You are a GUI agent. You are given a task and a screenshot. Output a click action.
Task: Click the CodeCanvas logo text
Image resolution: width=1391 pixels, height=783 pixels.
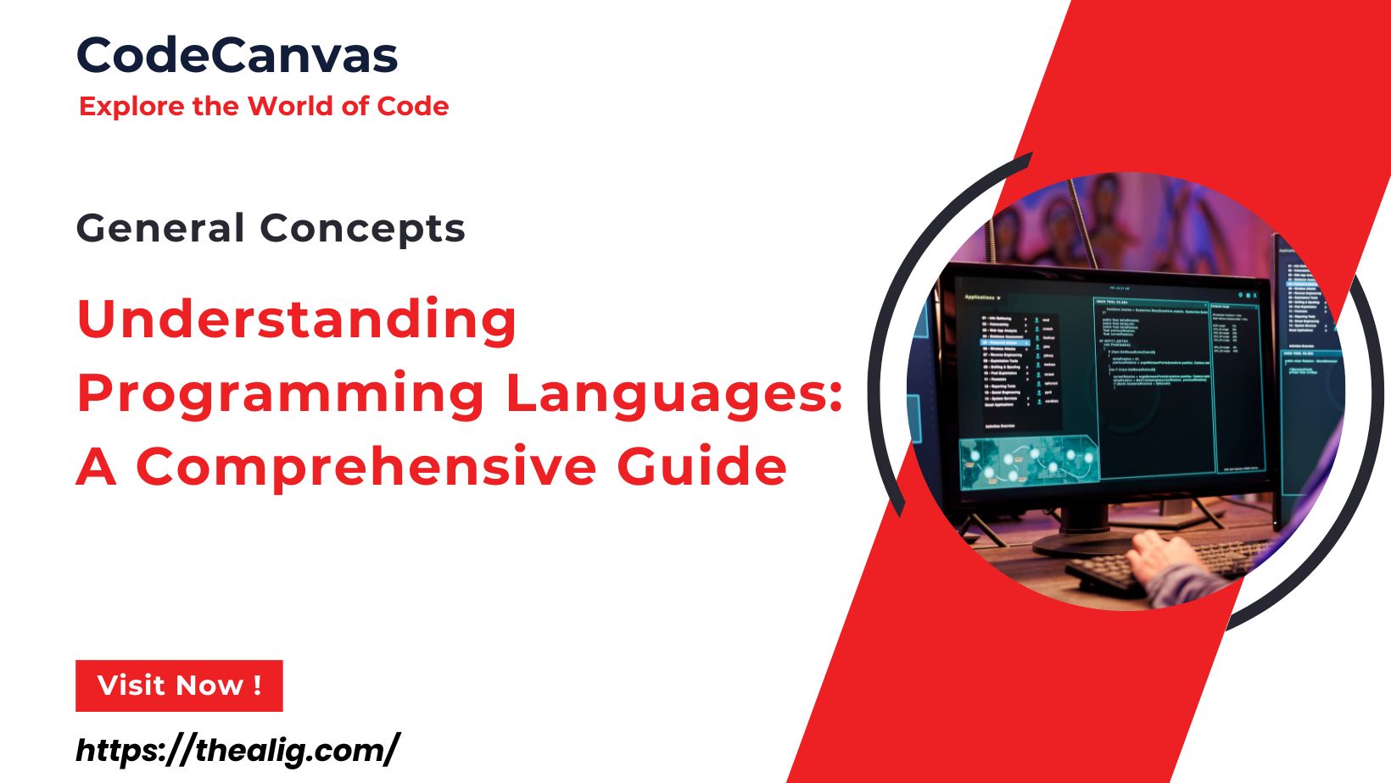(x=237, y=56)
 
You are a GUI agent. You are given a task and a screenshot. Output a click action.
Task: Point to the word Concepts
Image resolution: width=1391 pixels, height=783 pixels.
(x=362, y=229)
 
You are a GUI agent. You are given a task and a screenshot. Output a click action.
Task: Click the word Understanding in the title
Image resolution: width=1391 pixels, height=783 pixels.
(x=297, y=320)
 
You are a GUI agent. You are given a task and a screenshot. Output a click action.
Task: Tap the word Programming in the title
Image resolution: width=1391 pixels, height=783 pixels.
(x=281, y=395)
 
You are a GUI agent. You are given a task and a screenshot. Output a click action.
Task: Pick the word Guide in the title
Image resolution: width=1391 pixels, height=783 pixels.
(x=701, y=468)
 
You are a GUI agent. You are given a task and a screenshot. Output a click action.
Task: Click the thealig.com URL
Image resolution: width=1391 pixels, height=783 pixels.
(x=237, y=751)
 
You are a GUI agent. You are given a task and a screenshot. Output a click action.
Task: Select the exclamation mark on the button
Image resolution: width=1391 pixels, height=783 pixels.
(x=257, y=686)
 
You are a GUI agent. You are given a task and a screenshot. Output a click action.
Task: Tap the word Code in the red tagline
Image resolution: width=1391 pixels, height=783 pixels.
(x=413, y=107)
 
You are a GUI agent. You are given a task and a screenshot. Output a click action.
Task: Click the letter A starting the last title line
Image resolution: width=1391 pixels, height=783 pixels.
(x=96, y=468)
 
